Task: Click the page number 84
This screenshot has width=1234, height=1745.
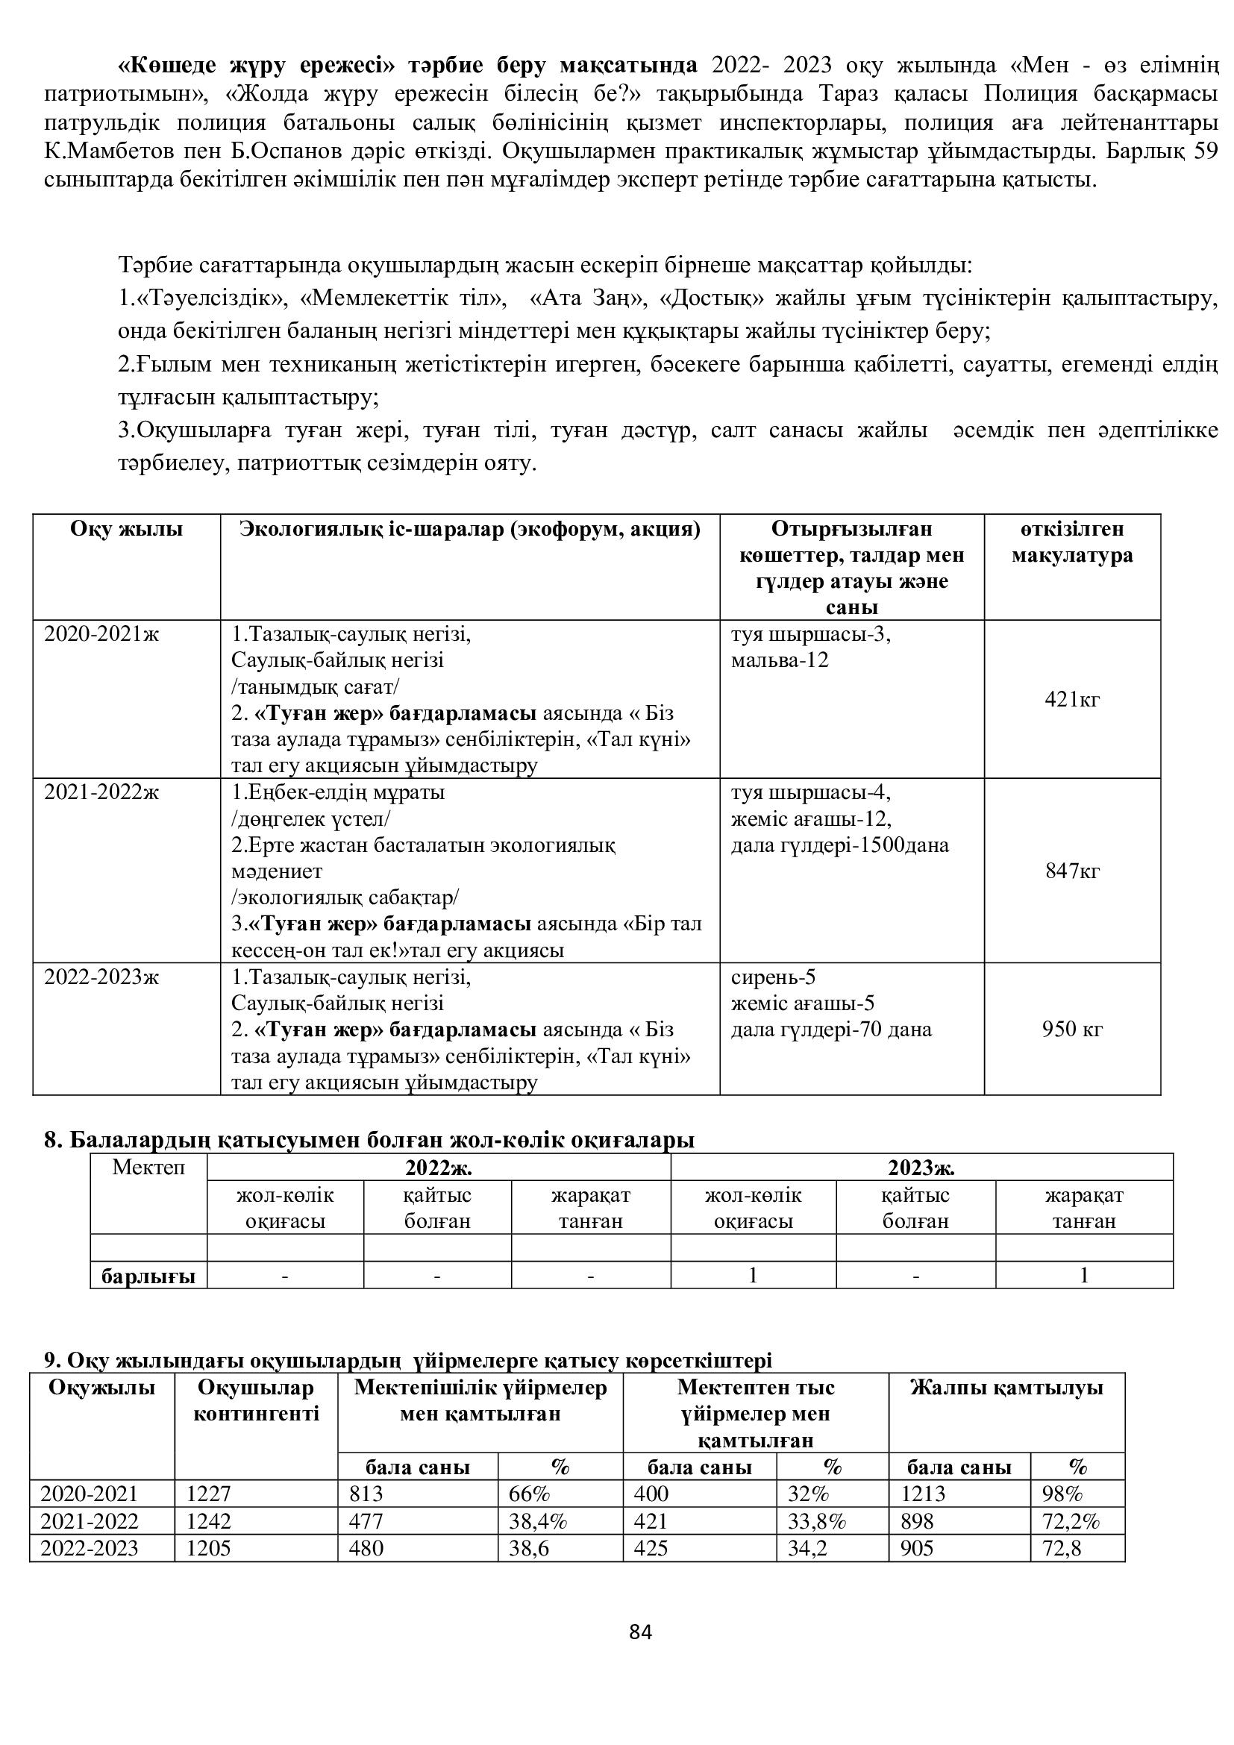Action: click(641, 1632)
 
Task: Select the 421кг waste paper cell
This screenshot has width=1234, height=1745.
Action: click(1072, 699)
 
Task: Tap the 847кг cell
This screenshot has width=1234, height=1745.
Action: click(1072, 870)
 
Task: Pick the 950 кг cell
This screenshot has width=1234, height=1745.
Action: click(1072, 1029)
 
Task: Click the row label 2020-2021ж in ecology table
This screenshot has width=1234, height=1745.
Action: click(101, 634)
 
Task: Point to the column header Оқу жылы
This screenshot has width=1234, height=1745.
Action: click(126, 530)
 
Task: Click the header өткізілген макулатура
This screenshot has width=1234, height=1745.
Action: click(1072, 542)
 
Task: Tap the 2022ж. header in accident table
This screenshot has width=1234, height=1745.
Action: click(439, 1168)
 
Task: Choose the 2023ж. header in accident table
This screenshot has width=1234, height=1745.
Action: click(921, 1168)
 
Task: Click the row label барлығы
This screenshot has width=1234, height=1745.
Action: click(148, 1276)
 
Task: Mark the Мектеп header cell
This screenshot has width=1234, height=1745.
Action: click(148, 1168)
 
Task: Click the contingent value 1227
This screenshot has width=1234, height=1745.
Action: click(208, 1494)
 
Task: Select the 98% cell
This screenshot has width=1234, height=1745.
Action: click(1062, 1494)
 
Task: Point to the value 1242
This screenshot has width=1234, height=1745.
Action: click(208, 1521)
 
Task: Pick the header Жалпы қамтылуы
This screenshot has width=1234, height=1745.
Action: click(1006, 1388)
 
